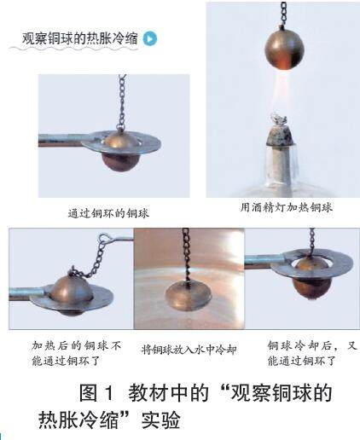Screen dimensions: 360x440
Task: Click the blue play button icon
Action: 150,38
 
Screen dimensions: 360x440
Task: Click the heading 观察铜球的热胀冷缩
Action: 80,38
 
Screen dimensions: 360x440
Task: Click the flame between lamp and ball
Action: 281,91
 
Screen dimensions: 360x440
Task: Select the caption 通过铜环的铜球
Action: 108,213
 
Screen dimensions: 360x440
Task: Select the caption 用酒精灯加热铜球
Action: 286,207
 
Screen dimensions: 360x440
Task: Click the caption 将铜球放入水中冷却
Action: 189,350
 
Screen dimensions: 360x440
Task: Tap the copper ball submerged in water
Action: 189,296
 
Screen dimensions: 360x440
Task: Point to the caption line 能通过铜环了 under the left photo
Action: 66,361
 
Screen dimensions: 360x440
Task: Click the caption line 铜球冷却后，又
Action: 312,346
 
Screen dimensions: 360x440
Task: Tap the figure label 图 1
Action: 96,392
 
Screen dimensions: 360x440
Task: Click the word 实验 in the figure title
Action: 160,420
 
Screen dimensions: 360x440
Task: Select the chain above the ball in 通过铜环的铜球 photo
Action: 122,102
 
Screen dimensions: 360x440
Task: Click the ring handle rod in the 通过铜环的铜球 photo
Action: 62,140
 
